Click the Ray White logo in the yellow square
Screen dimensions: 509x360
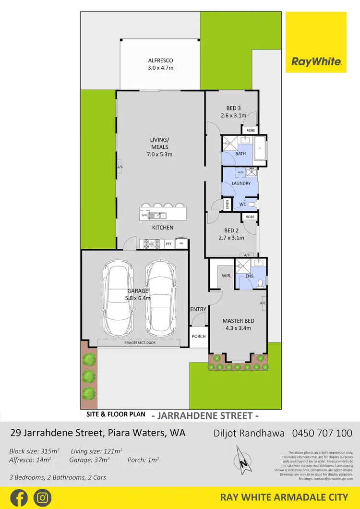click(316, 61)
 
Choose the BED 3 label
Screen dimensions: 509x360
click(233, 111)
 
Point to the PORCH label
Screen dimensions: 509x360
click(198, 336)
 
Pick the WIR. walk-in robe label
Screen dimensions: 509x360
click(227, 276)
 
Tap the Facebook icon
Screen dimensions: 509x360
click(19, 497)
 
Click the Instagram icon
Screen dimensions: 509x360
click(43, 497)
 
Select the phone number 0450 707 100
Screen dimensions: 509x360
click(322, 433)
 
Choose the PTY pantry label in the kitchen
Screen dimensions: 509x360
click(168, 244)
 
